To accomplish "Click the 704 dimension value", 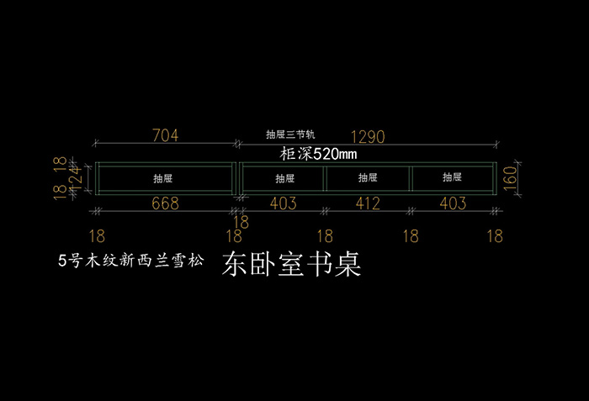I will coord(165,135).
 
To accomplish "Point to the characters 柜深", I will coord(295,155).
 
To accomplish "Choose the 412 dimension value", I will coord(368,203).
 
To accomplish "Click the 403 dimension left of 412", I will coord(284,203).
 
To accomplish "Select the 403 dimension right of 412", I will coord(453,203).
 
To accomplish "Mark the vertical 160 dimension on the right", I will coord(510,178).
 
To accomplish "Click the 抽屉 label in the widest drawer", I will coord(163,178).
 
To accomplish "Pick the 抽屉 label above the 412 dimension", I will coord(368,178).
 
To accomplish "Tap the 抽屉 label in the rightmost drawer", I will coord(453,178).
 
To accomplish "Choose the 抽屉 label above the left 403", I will coord(284,178).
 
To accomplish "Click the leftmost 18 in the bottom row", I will coord(98,236).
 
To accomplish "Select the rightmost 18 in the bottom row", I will coord(494,236).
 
